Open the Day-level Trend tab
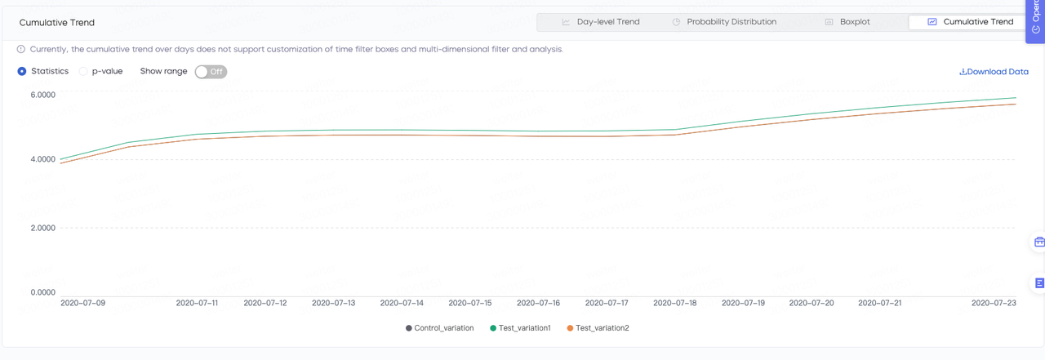(x=600, y=22)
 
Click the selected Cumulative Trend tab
(x=970, y=22)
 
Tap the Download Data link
(x=994, y=72)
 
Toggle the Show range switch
(x=211, y=72)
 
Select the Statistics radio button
(x=22, y=72)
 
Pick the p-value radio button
(x=83, y=72)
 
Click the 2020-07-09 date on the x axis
(x=82, y=303)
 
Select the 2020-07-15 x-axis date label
(x=470, y=303)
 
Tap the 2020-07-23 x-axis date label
(x=993, y=303)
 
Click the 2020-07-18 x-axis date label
(x=675, y=303)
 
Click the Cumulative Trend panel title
(x=57, y=23)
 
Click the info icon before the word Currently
(x=21, y=49)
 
